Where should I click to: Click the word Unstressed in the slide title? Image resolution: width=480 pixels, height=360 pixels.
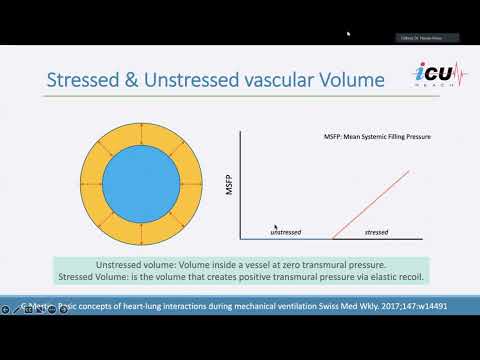pos(178,78)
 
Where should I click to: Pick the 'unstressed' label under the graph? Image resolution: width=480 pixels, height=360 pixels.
pos(287,233)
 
